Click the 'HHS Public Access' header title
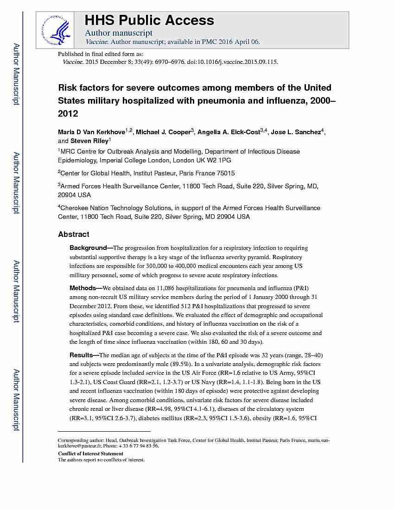click(x=149, y=20)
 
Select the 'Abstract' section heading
click(x=74, y=235)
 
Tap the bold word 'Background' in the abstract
click(x=88, y=248)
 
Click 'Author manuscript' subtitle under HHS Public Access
click(x=119, y=33)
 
